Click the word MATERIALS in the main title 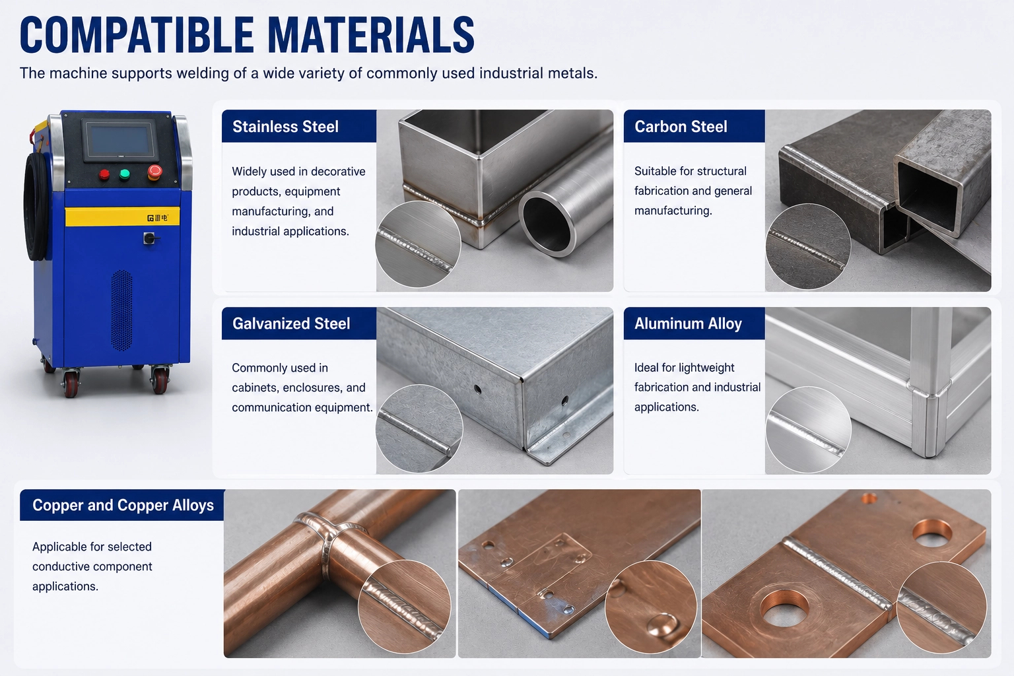(x=371, y=35)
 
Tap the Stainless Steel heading (x=285, y=126)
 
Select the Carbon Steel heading (x=681, y=126)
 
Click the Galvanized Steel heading (x=291, y=323)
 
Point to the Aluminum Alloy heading (x=688, y=323)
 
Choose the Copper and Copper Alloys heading (x=123, y=505)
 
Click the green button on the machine (x=125, y=174)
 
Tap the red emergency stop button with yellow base (x=155, y=172)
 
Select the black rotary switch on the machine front (x=150, y=238)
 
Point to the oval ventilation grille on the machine (x=121, y=310)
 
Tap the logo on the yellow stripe (x=158, y=218)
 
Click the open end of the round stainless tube (x=547, y=224)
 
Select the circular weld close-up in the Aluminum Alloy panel (x=809, y=430)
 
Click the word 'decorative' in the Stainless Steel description (x=338, y=171)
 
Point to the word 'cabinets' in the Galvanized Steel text (x=253, y=388)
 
